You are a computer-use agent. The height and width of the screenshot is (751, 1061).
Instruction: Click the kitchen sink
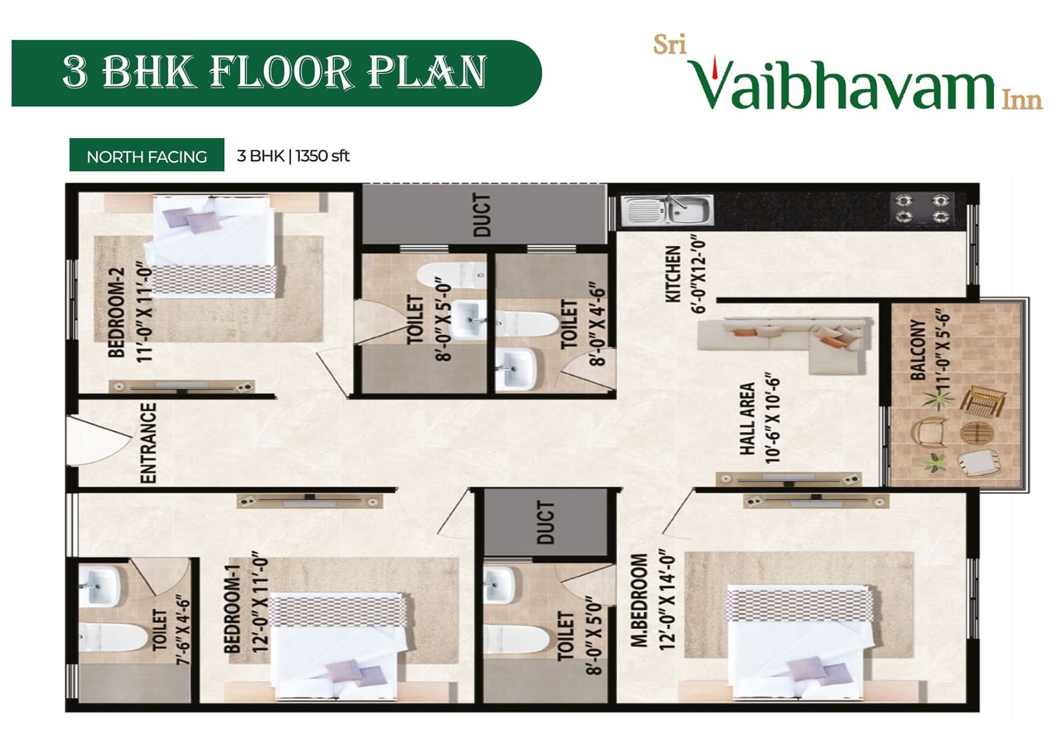coord(667,210)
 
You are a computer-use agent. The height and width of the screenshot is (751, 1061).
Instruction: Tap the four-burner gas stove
coord(922,208)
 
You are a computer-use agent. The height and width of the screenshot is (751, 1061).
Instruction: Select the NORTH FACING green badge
coord(147,155)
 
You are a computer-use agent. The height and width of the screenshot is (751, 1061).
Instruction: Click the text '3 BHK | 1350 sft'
coord(293,156)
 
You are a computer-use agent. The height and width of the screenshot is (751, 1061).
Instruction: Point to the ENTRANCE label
coord(149,443)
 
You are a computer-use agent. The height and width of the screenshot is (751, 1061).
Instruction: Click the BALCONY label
coord(918,350)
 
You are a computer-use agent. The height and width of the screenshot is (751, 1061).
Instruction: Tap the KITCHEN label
coord(673,274)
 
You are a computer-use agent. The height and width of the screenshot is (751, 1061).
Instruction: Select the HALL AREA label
coord(747,419)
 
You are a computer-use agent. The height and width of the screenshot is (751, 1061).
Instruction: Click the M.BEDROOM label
coord(639,600)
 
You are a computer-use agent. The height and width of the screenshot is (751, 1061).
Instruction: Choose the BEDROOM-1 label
coord(232,609)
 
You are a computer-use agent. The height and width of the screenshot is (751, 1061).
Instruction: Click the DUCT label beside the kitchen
coord(481,215)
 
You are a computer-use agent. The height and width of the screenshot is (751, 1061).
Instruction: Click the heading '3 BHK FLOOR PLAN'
coord(275,72)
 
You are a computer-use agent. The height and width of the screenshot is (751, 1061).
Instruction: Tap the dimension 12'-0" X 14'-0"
coord(668,600)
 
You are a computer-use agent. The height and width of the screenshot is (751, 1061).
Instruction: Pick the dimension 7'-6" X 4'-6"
coord(183,632)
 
